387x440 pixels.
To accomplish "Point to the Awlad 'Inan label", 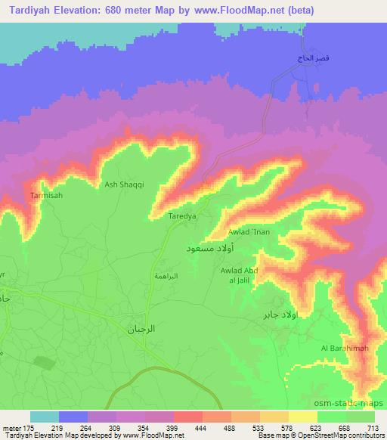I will [249, 233].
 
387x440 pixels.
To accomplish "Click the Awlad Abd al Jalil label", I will [240, 276].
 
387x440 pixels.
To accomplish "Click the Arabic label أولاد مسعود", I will [209, 247].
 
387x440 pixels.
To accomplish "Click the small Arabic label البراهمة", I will [166, 277].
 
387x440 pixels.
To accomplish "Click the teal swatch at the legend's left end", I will [44, 417].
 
